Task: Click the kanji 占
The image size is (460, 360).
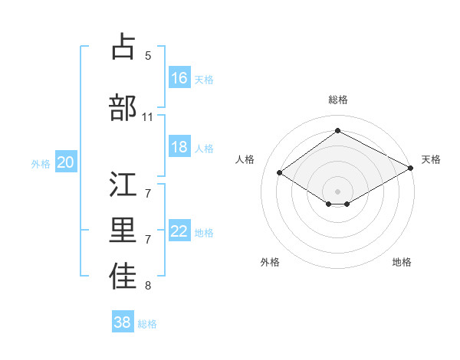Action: pyautogui.click(x=123, y=47)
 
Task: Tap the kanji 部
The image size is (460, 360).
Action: pyautogui.click(x=123, y=108)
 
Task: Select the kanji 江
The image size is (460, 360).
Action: pyautogui.click(x=123, y=185)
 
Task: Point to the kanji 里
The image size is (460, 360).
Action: pyautogui.click(x=123, y=231)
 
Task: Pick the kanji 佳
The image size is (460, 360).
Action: pyautogui.click(x=123, y=277)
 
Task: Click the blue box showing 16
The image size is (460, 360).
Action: pyautogui.click(x=179, y=77)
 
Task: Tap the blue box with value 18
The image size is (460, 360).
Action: pyautogui.click(x=179, y=147)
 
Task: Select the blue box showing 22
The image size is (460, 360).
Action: pyautogui.click(x=179, y=231)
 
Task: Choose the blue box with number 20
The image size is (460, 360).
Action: pyautogui.click(x=66, y=162)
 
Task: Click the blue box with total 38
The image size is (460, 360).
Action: pyautogui.click(x=123, y=322)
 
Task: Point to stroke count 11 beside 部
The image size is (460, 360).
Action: pyautogui.click(x=148, y=117)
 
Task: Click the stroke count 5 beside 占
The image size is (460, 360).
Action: pyautogui.click(x=148, y=56)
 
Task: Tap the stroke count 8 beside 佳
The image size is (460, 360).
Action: pyautogui.click(x=148, y=286)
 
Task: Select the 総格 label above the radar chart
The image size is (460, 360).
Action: pyautogui.click(x=337, y=100)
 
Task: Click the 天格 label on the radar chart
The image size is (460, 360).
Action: pyautogui.click(x=431, y=159)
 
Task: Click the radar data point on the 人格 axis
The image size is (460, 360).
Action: pyautogui.click(x=280, y=173)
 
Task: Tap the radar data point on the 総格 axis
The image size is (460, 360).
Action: pyautogui.click(x=337, y=130)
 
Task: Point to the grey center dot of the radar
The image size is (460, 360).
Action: pyautogui.click(x=337, y=190)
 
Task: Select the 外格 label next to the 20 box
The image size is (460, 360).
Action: pyautogui.click(x=41, y=163)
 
